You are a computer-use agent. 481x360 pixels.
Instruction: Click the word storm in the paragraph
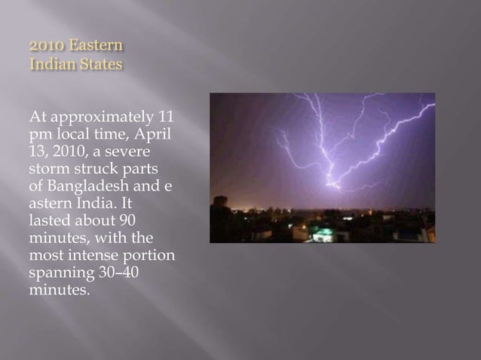click(x=49, y=169)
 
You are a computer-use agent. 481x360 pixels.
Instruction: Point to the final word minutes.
click(x=58, y=290)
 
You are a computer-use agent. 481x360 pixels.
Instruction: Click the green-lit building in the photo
click(x=323, y=234)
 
